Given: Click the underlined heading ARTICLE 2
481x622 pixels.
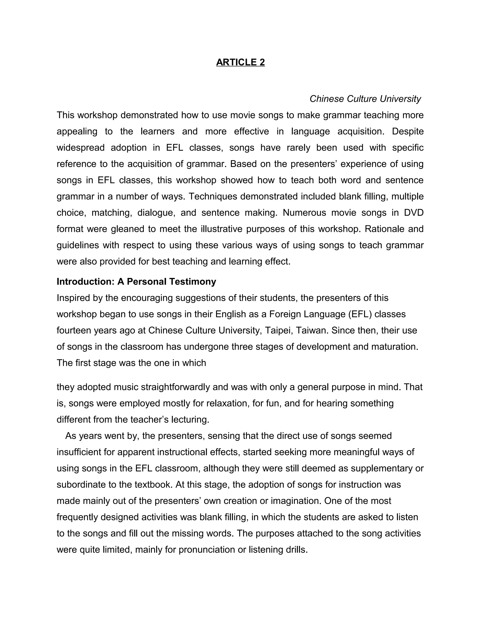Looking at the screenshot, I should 240,62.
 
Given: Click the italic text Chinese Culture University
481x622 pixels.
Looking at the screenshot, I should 365,99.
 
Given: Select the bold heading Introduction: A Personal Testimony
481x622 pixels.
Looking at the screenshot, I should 136,281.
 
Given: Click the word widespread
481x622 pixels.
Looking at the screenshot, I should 80,148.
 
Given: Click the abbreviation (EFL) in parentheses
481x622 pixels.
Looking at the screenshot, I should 360,314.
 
